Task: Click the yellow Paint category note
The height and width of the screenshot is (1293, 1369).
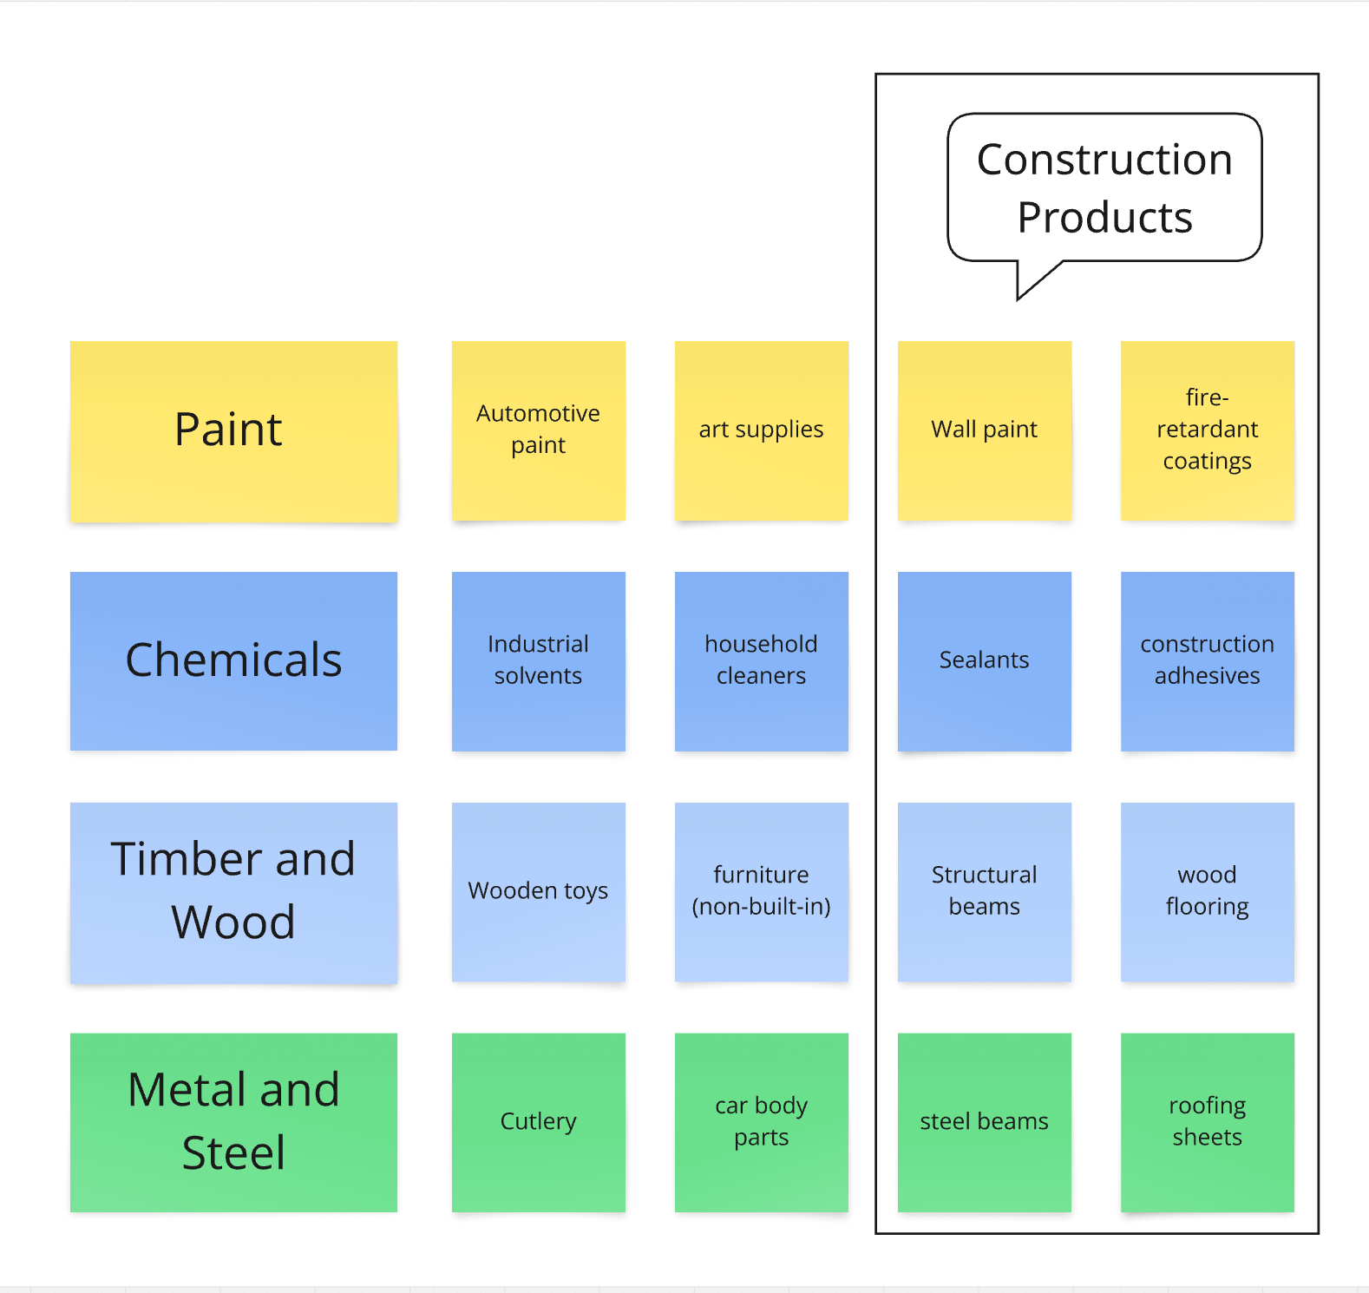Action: pos(233,430)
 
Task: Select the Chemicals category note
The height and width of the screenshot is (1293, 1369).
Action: pos(233,660)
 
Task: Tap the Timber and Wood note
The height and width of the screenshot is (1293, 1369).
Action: pos(233,891)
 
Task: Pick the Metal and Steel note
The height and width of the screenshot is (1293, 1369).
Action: pos(233,1121)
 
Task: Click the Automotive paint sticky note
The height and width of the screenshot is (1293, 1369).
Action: pos(538,430)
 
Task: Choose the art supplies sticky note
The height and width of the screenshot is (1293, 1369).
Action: pos(761,430)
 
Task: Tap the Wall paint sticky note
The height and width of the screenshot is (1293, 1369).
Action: pos(984,430)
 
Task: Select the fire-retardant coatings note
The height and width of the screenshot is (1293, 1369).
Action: pos(1207,430)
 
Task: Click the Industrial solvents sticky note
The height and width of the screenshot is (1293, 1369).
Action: pos(538,660)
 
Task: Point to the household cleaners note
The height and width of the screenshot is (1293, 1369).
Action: pos(761,660)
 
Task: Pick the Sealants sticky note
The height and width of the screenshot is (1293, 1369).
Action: pos(984,660)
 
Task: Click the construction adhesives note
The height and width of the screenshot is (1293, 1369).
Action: pos(1207,660)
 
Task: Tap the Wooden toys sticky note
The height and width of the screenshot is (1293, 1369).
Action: pos(538,891)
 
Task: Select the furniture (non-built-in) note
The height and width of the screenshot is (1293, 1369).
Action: pos(761,891)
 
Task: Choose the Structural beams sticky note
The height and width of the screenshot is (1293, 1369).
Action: pos(984,891)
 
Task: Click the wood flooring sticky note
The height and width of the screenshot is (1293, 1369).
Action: pos(1207,891)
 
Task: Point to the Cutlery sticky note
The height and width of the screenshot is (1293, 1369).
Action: pos(538,1121)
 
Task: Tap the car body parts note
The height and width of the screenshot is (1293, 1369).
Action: pos(761,1121)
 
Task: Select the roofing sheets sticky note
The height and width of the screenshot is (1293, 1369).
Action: pos(1207,1121)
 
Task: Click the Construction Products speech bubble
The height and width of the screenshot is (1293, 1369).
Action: pos(1104,187)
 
